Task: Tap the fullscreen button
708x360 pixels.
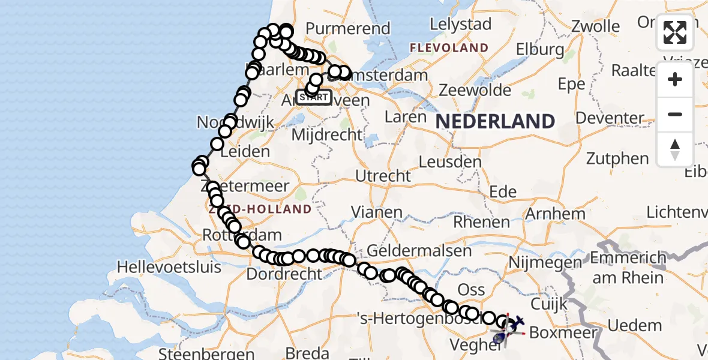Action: (675, 32)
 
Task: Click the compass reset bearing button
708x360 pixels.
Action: (675, 149)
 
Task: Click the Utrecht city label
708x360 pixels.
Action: (383, 176)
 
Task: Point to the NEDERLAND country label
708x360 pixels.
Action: (495, 122)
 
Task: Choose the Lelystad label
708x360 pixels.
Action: (460, 25)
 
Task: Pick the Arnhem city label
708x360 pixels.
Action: (555, 213)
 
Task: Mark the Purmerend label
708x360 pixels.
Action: (348, 28)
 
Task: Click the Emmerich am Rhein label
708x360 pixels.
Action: (628, 268)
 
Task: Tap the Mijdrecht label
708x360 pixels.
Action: (326, 134)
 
